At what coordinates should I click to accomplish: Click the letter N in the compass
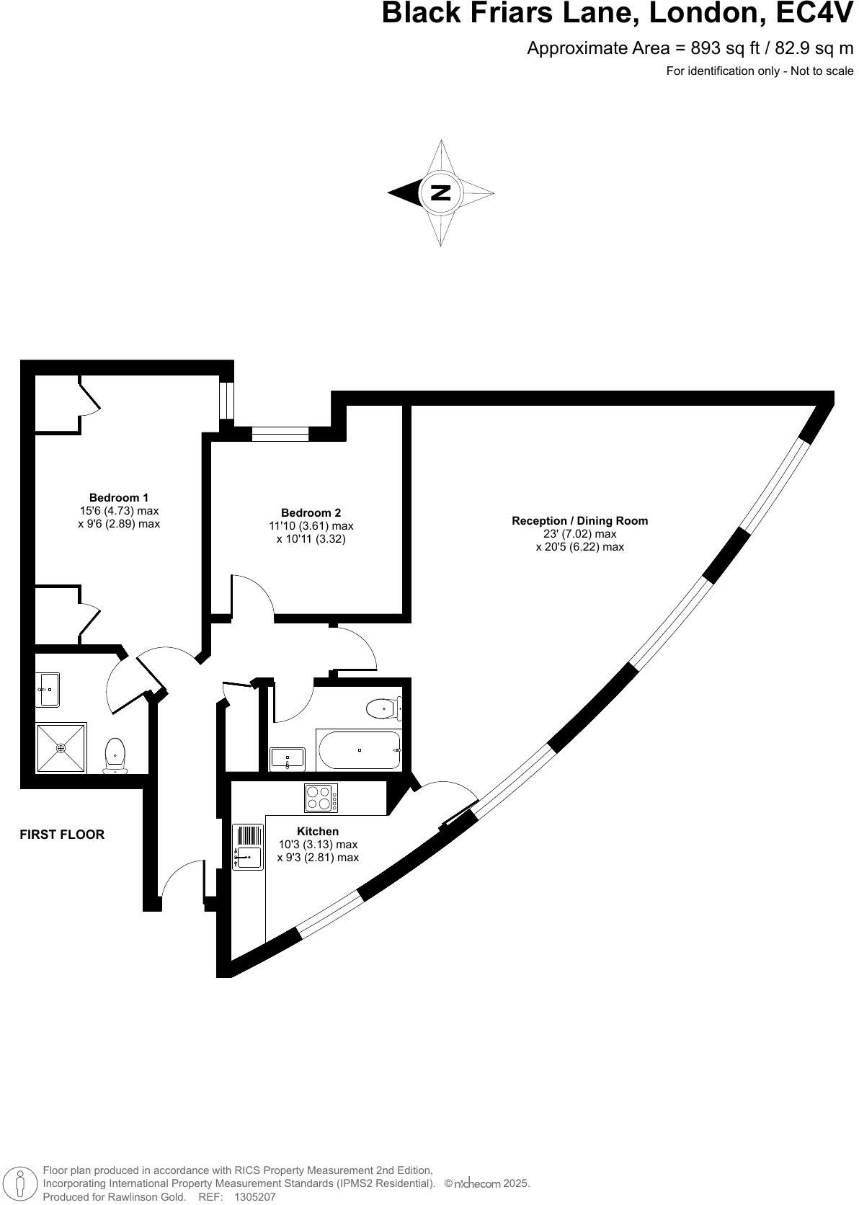click(x=440, y=192)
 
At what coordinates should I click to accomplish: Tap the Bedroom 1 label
click(x=119, y=497)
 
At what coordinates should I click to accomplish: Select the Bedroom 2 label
click(x=311, y=513)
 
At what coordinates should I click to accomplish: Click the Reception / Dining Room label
click(x=579, y=520)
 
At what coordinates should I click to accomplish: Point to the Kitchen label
click(x=317, y=831)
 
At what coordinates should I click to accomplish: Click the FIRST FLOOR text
click(x=62, y=835)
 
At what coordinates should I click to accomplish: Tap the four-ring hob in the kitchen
click(x=321, y=799)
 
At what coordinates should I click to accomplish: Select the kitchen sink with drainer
click(x=247, y=847)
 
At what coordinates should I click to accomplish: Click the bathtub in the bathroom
click(x=359, y=750)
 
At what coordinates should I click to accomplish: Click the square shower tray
click(x=61, y=748)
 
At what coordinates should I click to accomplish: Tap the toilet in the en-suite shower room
click(x=115, y=754)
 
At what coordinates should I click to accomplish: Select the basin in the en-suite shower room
click(x=48, y=690)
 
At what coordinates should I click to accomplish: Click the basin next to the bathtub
click(x=288, y=759)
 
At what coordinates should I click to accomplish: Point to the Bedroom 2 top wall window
click(x=280, y=434)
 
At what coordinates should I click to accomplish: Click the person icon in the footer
click(x=21, y=1183)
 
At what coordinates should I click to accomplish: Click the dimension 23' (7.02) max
click(x=579, y=534)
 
